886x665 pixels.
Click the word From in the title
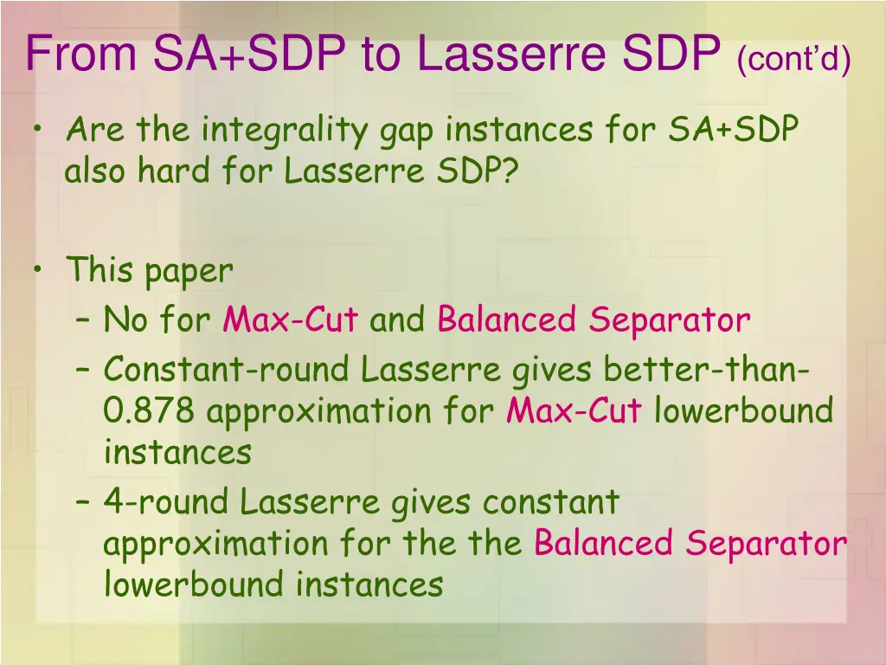[x=82, y=55]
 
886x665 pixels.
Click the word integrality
[x=287, y=131]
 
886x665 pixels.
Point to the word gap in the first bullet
[x=409, y=132]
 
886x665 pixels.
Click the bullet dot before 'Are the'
[x=37, y=131]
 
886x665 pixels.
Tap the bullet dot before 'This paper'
[x=37, y=270]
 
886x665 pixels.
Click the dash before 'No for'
[x=84, y=321]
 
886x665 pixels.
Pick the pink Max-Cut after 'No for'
[x=290, y=320]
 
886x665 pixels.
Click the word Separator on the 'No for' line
[x=670, y=321]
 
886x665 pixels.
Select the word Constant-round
[x=227, y=370]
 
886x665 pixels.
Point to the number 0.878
[x=150, y=410]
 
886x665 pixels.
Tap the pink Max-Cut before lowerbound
[x=574, y=410]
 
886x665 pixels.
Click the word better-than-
[x=707, y=370]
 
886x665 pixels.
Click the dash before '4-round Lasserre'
[x=84, y=502]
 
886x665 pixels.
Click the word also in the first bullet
[x=94, y=171]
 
